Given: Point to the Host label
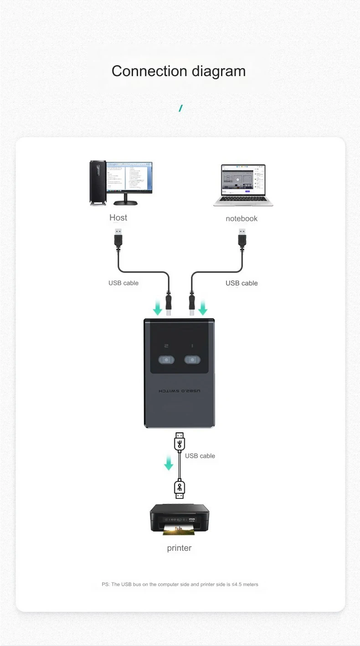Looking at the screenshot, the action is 118,217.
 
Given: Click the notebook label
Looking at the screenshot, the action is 242,219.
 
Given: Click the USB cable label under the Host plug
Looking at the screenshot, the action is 123,283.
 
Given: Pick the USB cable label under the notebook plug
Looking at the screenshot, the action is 242,283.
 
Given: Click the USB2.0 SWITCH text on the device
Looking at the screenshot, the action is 179,391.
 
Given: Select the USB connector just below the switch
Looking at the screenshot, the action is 180,442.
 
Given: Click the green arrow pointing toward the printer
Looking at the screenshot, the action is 169,463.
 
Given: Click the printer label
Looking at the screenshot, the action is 179,548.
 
